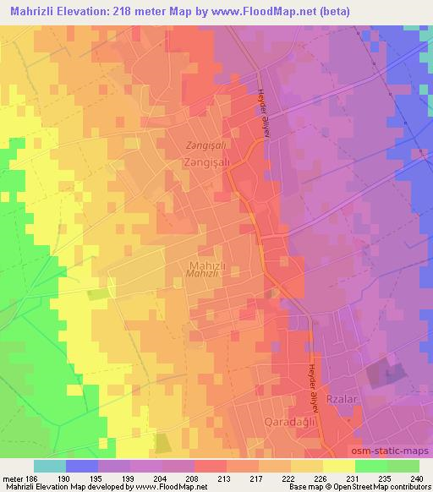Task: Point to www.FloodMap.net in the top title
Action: click(x=266, y=9)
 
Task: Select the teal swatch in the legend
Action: click(x=50, y=466)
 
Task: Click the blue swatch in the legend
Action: click(x=82, y=466)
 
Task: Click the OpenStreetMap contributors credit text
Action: click(x=381, y=487)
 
